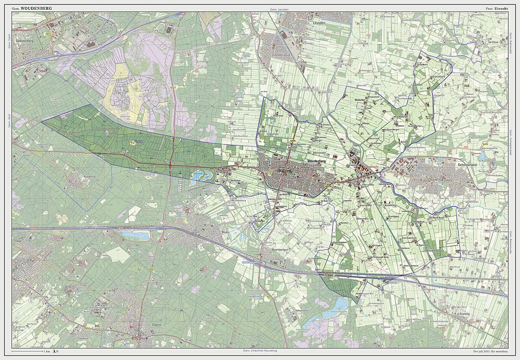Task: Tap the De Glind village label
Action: (x=493, y=42)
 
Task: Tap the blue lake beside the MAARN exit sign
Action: (x=136, y=235)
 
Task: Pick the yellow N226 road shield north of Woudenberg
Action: (x=292, y=140)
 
